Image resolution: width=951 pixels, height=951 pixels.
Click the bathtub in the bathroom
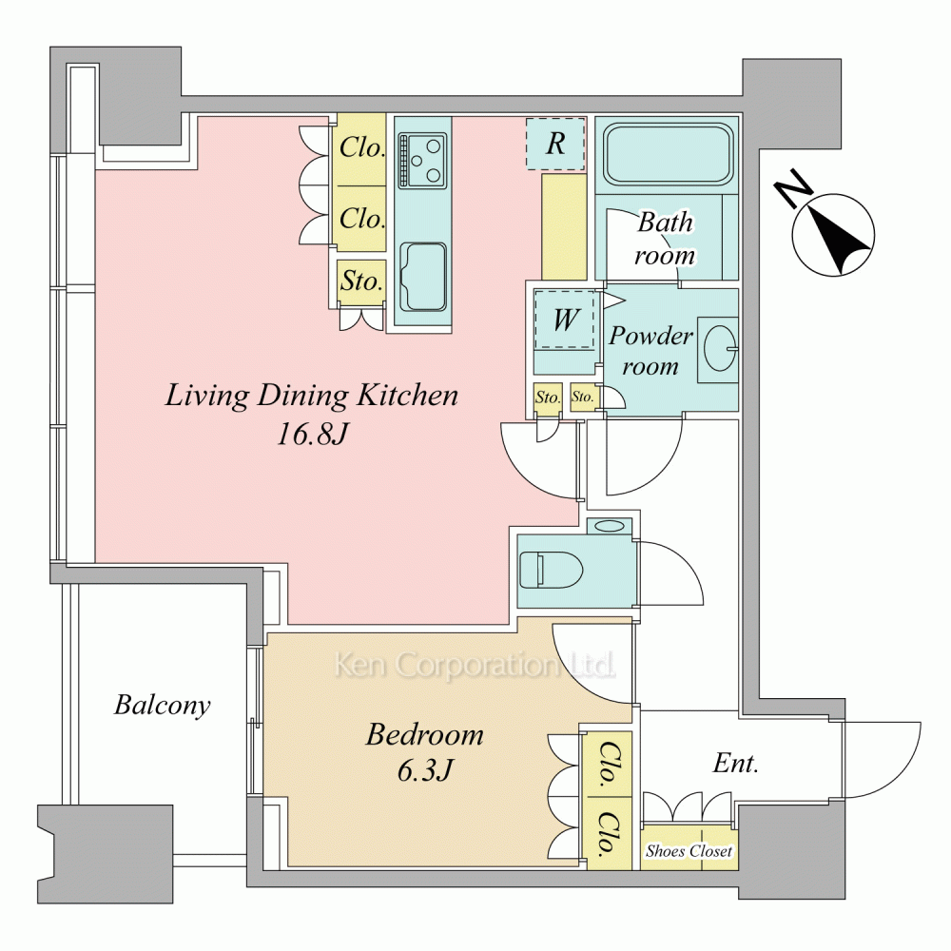pyautogui.click(x=668, y=154)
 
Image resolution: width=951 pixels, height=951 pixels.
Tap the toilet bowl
pyautogui.click(x=551, y=570)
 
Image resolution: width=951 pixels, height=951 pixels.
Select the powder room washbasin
pyautogui.click(x=720, y=349)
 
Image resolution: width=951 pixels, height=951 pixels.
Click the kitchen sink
pyautogui.click(x=423, y=277)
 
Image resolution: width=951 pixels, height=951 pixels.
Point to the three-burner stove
pyautogui.click(x=421, y=161)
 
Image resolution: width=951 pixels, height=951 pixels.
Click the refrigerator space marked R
pyautogui.click(x=555, y=144)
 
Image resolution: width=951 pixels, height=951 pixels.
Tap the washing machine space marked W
pyautogui.click(x=565, y=320)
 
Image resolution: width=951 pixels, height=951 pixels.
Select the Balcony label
pyautogui.click(x=162, y=706)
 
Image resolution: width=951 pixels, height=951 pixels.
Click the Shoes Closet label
pyautogui.click(x=689, y=851)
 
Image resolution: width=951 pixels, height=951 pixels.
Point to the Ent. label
pyautogui.click(x=736, y=763)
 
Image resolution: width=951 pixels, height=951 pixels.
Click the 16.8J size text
pyautogui.click(x=312, y=435)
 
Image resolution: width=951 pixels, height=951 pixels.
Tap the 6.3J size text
pyautogui.click(x=425, y=770)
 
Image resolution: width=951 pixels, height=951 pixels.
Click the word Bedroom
pyautogui.click(x=424, y=734)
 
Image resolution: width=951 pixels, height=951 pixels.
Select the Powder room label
pyautogui.click(x=650, y=351)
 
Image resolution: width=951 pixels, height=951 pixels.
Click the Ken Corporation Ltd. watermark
pyautogui.click(x=475, y=666)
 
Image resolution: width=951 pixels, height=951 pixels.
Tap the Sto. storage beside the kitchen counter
pyautogui.click(x=361, y=281)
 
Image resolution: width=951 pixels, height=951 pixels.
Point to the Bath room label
pyautogui.click(x=665, y=239)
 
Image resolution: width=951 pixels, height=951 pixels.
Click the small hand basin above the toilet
pyautogui.click(x=609, y=526)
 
